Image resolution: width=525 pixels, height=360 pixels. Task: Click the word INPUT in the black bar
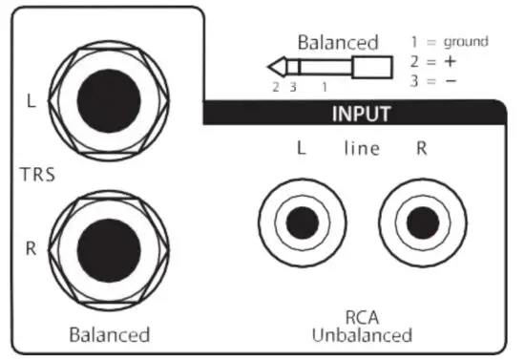pyautogui.click(x=362, y=114)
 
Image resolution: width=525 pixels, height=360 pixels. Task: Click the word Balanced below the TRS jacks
pyautogui.click(x=110, y=335)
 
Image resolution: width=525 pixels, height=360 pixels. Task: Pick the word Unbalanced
pyautogui.click(x=362, y=335)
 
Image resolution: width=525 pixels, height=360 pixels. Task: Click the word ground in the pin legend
pyautogui.click(x=464, y=42)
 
